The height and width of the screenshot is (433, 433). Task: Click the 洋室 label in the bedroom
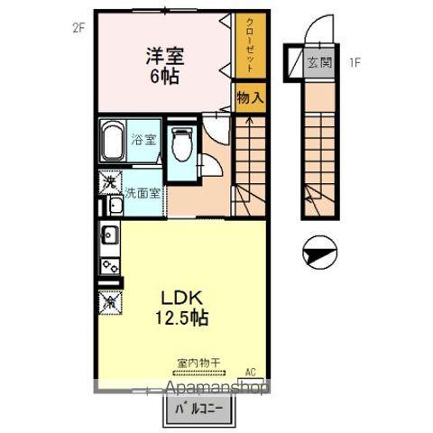(163, 55)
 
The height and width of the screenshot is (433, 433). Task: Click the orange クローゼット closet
(244, 48)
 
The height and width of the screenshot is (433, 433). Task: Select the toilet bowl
(181, 144)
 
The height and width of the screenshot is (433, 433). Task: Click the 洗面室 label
(142, 192)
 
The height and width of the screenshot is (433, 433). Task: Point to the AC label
(251, 370)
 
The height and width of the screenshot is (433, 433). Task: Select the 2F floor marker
(78, 26)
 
